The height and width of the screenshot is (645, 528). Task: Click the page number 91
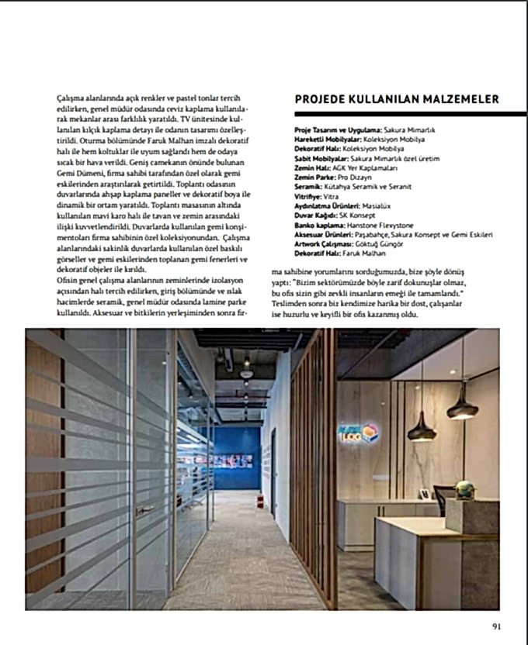[505, 629]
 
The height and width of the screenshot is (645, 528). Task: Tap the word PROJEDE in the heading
[320, 100]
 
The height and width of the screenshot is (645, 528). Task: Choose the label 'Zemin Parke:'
[313, 178]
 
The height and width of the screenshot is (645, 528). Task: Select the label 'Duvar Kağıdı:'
[314, 216]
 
